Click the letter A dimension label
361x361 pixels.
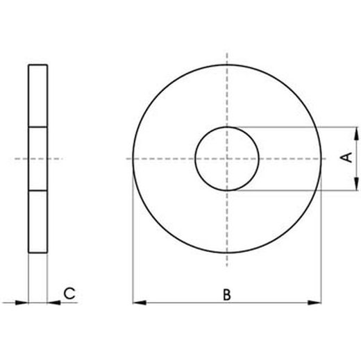coord(349,159)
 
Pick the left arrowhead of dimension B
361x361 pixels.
coord(137,303)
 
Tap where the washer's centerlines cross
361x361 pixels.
coord(226,159)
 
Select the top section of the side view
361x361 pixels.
coord(38,96)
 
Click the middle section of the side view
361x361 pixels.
coord(38,159)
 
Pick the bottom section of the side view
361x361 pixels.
coord(38,222)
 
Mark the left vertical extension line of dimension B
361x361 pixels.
coord(132,236)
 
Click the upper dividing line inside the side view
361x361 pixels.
coord(38,127)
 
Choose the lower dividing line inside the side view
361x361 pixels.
coord(38,191)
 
